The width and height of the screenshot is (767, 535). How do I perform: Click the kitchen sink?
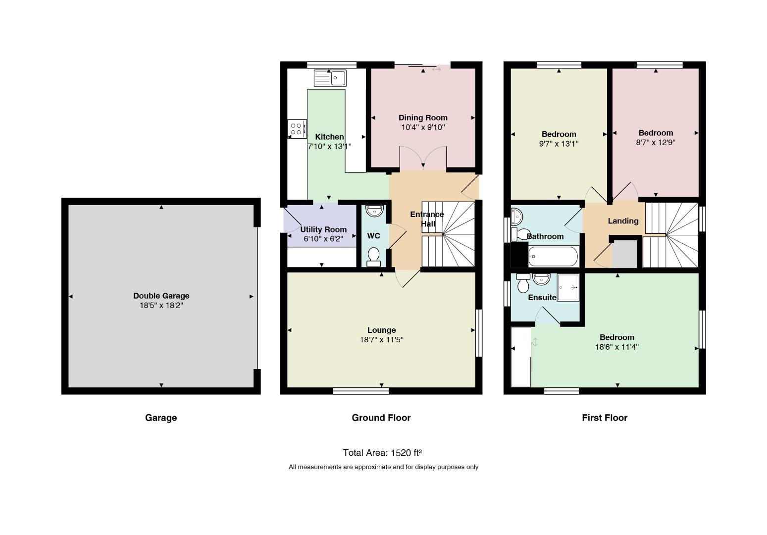tap(330, 78)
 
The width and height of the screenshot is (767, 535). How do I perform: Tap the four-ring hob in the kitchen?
tap(297, 129)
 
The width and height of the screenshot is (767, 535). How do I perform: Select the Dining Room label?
tap(423, 118)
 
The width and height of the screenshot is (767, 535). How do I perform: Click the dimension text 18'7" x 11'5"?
tap(381, 340)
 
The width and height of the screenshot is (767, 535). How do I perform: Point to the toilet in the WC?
tap(373, 257)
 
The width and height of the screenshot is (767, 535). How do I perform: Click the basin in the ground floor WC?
tap(374, 211)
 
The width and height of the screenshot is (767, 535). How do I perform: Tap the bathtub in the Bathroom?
tap(553, 256)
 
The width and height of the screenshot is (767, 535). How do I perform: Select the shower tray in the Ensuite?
tap(568, 287)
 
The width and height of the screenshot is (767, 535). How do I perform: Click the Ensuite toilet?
tap(523, 283)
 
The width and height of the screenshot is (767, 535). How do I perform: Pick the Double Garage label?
tap(161, 296)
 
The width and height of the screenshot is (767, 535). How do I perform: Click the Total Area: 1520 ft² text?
tap(382, 453)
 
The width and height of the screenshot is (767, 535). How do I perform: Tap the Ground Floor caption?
tap(381, 418)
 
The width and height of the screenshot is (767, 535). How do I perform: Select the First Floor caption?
tap(605, 418)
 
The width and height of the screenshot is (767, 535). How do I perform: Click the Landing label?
tap(623, 221)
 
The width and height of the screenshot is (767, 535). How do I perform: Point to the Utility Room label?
tap(323, 229)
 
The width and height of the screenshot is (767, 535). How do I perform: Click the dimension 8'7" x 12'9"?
tap(656, 143)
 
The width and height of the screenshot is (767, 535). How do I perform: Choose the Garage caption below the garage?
tap(161, 418)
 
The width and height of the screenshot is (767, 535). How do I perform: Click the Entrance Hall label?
tap(427, 219)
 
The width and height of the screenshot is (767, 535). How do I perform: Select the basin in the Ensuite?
tap(541, 279)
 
